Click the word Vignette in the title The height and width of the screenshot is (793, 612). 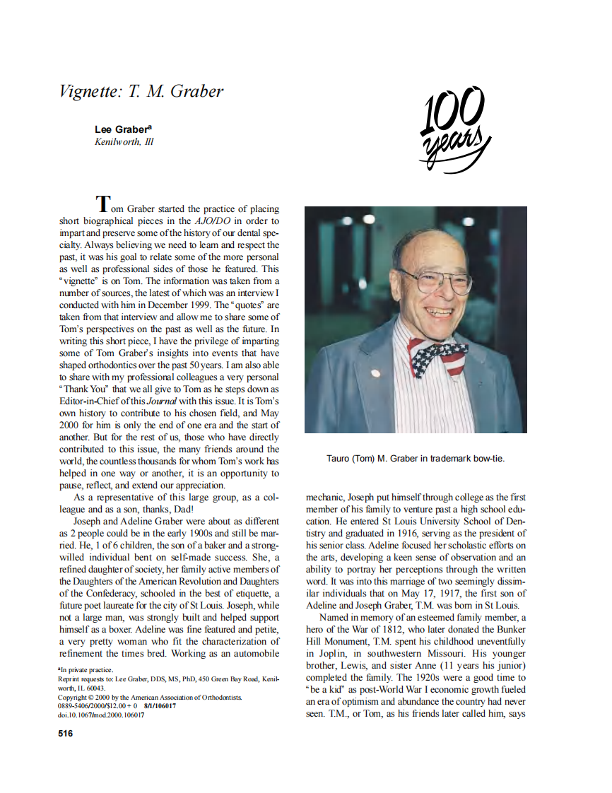point(90,91)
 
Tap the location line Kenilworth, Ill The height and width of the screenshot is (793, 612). point(124,141)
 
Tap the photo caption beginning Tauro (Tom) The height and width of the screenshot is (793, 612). point(416,458)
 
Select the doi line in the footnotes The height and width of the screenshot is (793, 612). point(101,715)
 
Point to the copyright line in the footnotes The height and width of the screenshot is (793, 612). point(149,697)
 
